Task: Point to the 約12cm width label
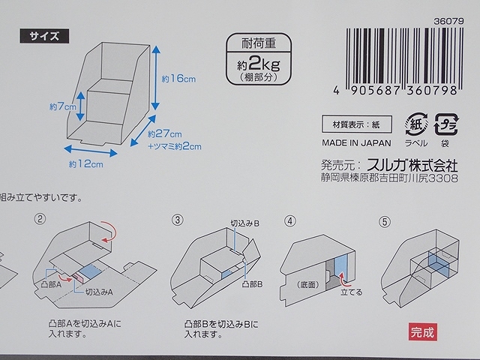(x=85, y=163)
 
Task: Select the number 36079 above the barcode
(x=453, y=10)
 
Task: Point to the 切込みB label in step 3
(x=247, y=223)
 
